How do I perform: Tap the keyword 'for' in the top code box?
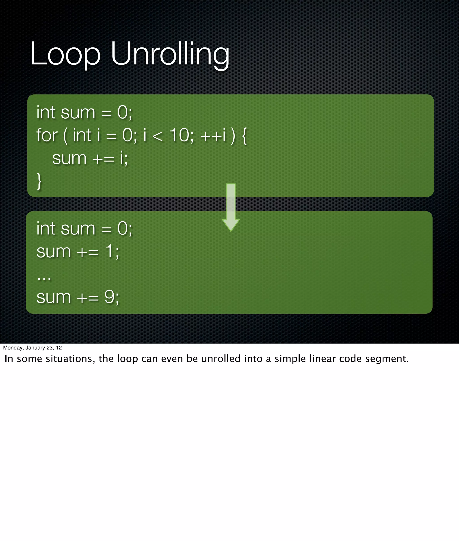(x=47, y=136)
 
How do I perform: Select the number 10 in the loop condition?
(x=180, y=136)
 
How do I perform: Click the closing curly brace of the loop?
(x=39, y=181)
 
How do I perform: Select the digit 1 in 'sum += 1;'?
(x=109, y=251)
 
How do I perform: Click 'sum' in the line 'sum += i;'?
(x=69, y=159)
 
